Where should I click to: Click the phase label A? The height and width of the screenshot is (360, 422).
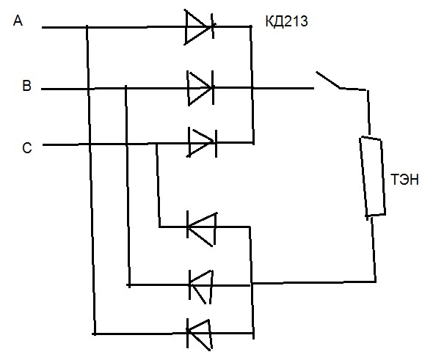pos(18,21)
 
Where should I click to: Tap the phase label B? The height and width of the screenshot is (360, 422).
pos(26,86)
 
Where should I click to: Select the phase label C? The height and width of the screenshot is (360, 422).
pos(27,148)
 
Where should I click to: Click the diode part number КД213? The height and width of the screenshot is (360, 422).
pos(286,21)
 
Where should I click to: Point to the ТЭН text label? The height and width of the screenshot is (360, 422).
pos(404,180)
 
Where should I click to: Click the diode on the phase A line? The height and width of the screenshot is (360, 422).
pos(200,27)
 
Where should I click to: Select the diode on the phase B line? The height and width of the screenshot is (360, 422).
pos(200,88)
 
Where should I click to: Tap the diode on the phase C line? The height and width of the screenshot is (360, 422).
pos(203,143)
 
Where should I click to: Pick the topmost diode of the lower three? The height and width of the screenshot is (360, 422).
pos(202,229)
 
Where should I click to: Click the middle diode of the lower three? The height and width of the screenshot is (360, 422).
pos(201,285)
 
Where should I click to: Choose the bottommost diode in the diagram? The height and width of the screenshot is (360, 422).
pos(199,334)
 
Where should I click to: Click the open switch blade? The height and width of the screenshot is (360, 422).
pos(328,80)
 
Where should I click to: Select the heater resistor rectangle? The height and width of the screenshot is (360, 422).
pos(373,177)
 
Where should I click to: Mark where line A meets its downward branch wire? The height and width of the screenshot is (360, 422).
pos(87,27)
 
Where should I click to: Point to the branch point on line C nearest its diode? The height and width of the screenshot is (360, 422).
pos(156,144)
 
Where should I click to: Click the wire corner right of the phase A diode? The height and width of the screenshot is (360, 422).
pos(251,26)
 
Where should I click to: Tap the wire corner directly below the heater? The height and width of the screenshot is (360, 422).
pos(376,282)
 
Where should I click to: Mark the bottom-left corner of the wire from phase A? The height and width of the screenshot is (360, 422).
pos(94,334)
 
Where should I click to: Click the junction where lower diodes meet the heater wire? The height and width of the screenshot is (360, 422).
pos(252,283)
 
